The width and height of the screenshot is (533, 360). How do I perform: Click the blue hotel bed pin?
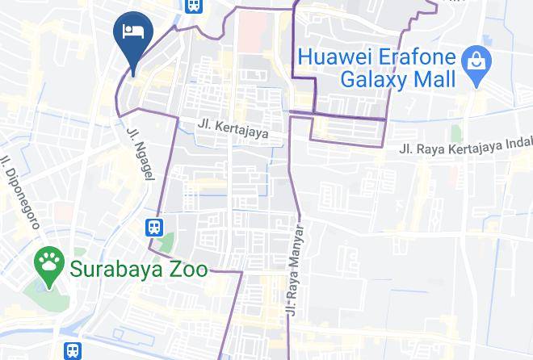(132, 34)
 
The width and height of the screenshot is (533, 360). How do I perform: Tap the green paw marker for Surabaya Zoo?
(49, 263)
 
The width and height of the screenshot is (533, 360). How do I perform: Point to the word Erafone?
(414, 57)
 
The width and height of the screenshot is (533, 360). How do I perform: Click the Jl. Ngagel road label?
(137, 153)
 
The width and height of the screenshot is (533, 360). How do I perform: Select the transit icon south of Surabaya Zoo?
(73, 351)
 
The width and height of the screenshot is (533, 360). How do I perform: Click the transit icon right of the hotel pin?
(193, 6)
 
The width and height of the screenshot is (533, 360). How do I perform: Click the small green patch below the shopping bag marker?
(457, 132)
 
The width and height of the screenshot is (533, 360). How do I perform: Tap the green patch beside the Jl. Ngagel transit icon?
(167, 241)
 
